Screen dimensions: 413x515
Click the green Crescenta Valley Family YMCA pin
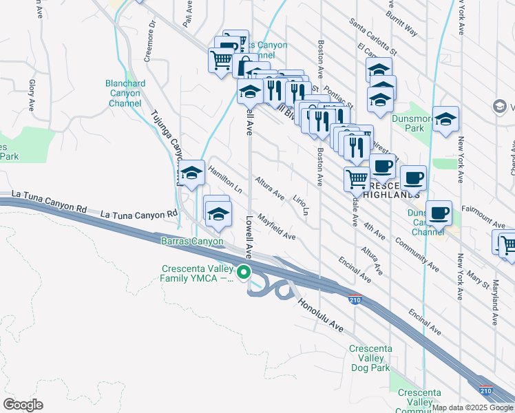pyautogui.click(x=243, y=273)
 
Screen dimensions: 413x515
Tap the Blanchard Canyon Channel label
pyautogui.click(x=125, y=94)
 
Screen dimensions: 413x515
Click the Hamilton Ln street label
pyautogui.click(x=225, y=179)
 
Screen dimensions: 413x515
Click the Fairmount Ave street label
pyautogui.click(x=483, y=220)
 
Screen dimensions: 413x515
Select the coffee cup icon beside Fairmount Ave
pyautogui.click(x=438, y=213)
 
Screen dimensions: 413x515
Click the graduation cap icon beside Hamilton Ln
pyautogui.click(x=192, y=173)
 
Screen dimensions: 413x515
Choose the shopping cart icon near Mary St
pyautogui.click(x=507, y=244)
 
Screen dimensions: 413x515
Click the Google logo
pyautogui.click(x=23, y=405)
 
